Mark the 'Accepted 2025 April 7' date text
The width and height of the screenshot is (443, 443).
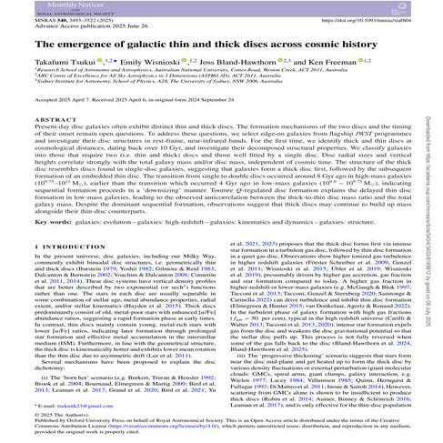pyautogui.click(x=55, y=133)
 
